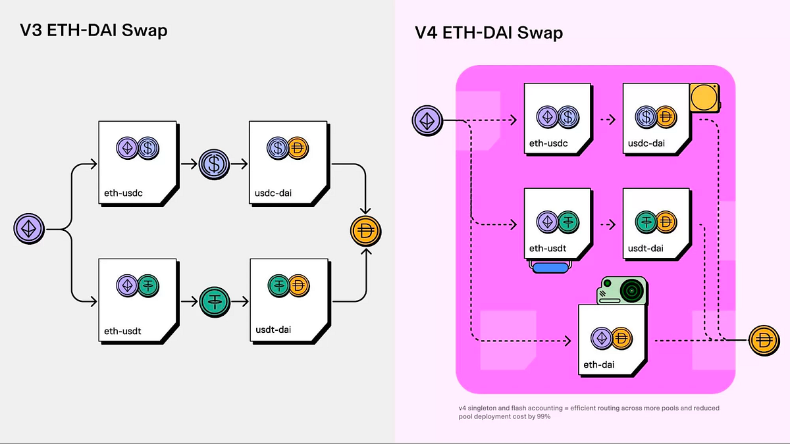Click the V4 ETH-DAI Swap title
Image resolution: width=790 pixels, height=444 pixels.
pos(488,33)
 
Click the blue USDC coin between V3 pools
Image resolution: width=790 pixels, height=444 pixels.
pos(213,164)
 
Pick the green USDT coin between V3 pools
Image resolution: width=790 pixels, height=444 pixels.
pos(213,302)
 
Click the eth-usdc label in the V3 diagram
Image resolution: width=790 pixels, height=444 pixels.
pos(124,193)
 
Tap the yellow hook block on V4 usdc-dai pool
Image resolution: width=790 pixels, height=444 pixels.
pos(703,99)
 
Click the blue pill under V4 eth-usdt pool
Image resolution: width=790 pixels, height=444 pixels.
pos(550,267)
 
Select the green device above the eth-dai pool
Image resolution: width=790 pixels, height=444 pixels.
pos(623,290)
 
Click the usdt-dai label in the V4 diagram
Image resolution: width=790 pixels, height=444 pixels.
pos(646,248)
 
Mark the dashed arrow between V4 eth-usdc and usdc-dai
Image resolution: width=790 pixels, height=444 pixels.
pos(608,120)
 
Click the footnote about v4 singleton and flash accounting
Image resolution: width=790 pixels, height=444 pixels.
pos(589,412)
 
